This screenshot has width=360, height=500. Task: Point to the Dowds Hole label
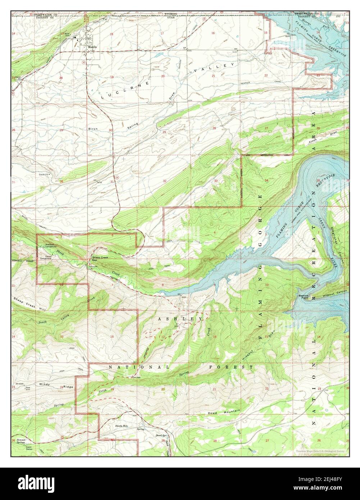pyautogui.click(x=122, y=426)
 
